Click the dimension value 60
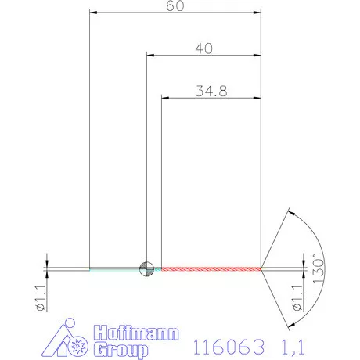click(175, 6)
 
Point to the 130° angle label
click(317, 270)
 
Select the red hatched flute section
click(211, 268)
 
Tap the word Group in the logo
click(120, 348)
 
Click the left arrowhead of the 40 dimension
click(151, 55)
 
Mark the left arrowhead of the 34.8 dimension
click(165, 97)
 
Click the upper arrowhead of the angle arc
click(290, 212)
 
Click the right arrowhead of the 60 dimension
click(257, 13)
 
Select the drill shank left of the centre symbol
click(113, 268)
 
